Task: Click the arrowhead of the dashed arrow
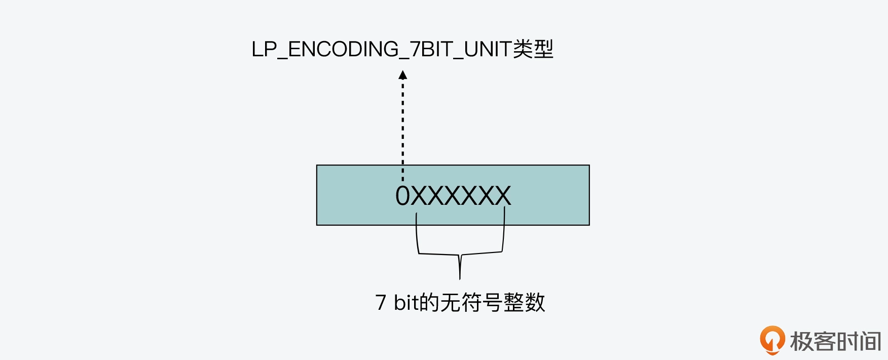[403, 75]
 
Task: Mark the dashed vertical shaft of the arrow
[403, 127]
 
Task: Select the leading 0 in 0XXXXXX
[402, 196]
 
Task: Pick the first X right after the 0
[419, 196]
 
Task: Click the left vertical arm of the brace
[417, 233]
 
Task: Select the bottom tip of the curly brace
[460, 276]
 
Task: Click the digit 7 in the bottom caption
[381, 303]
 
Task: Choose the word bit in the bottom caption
[406, 303]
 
